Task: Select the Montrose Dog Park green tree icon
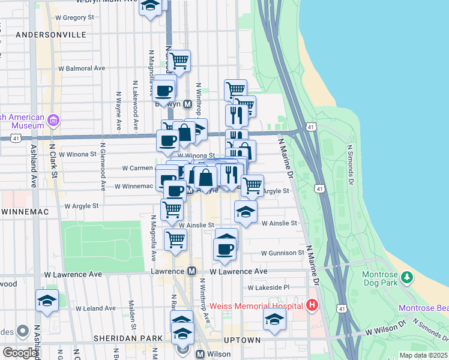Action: [407, 277]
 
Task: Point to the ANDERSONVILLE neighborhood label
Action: [51, 35]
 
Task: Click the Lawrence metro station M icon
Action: [192, 271]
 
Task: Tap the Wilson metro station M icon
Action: [200, 354]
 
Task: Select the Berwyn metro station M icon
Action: [187, 104]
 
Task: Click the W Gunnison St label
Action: [283, 253]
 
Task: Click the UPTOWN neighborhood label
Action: [242, 340]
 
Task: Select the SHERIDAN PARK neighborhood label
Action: [128, 338]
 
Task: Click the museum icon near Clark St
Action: [53, 121]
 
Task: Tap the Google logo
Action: [20, 353]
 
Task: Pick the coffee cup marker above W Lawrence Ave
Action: [225, 249]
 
